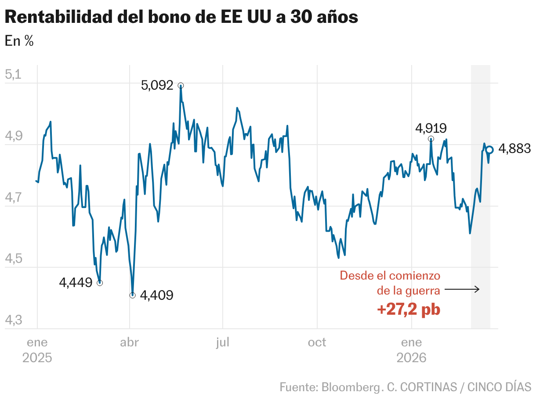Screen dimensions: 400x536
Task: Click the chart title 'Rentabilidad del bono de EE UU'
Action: pyautogui.click(x=181, y=17)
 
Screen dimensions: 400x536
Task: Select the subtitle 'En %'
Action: pyautogui.click(x=19, y=41)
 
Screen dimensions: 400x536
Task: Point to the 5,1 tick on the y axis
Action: pyautogui.click(x=13, y=74)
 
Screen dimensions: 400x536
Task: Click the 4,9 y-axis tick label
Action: pyautogui.click(x=13, y=136)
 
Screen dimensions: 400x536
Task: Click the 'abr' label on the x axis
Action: pyautogui.click(x=129, y=342)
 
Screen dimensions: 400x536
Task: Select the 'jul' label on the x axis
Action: pyautogui.click(x=223, y=342)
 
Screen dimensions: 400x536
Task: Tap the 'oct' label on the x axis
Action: pyautogui.click(x=317, y=342)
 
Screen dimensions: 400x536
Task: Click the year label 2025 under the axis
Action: pyautogui.click(x=37, y=357)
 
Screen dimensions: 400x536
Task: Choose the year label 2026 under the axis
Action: pyautogui.click(x=411, y=357)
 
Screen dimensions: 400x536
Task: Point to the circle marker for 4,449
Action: pyautogui.click(x=100, y=283)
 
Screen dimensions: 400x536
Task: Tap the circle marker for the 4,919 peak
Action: pyautogui.click(x=431, y=139)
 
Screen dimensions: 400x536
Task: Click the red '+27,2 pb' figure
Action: pyautogui.click(x=409, y=309)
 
